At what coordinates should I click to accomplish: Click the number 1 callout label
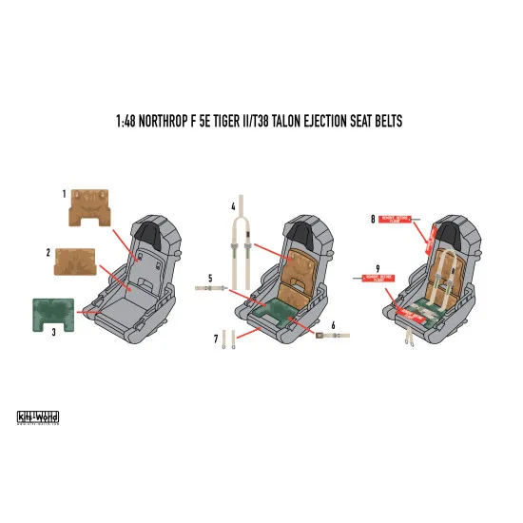pos(65,193)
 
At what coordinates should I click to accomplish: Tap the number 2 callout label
pos(48,253)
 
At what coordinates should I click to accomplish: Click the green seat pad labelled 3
pos(52,315)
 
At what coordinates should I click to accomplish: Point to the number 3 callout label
pos(53,332)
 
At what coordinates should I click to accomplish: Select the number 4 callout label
pos(233,205)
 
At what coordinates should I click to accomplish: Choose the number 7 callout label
pos(217,338)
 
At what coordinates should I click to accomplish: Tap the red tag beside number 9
pos(375,279)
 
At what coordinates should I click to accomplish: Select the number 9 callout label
pos(378,268)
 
